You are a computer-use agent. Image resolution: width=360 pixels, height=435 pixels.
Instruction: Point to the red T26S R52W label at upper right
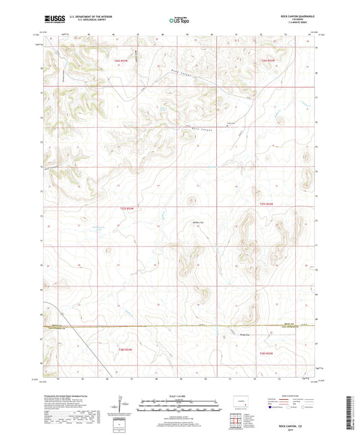[x=267, y=61]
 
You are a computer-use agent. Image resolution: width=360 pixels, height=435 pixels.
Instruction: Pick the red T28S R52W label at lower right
[x=267, y=353]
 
